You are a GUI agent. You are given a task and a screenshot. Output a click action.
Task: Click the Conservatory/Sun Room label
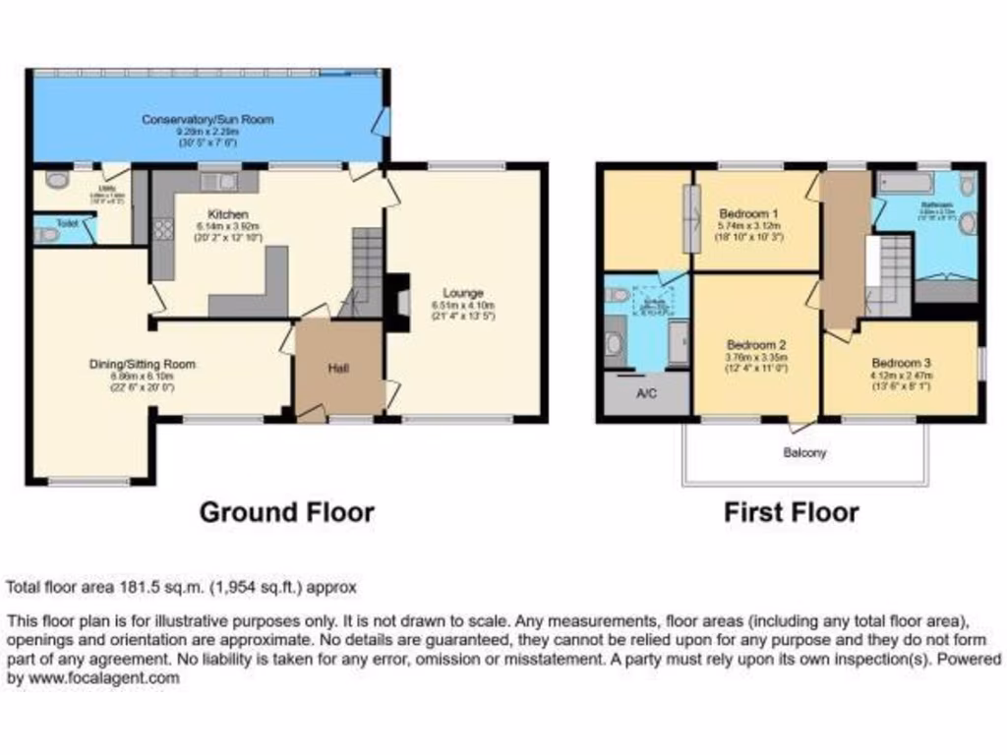tap(207, 120)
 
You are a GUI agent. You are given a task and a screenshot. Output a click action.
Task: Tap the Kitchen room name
tap(227, 213)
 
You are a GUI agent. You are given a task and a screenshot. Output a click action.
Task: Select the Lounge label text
tap(462, 292)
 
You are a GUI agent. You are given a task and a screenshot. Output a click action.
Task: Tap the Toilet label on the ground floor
tap(67, 224)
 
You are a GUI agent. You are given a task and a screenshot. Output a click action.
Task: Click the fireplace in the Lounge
tap(398, 301)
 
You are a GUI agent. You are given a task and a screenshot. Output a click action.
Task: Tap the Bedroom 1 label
tap(749, 213)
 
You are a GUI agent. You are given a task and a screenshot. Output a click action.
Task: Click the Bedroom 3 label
tap(900, 360)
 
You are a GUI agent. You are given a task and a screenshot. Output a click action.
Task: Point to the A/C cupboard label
tap(646, 395)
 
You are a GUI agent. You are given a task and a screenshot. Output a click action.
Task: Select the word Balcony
tap(803, 453)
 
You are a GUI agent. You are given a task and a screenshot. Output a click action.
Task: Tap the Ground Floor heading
tap(286, 512)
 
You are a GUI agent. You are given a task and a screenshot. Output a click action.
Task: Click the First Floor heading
tap(791, 512)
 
